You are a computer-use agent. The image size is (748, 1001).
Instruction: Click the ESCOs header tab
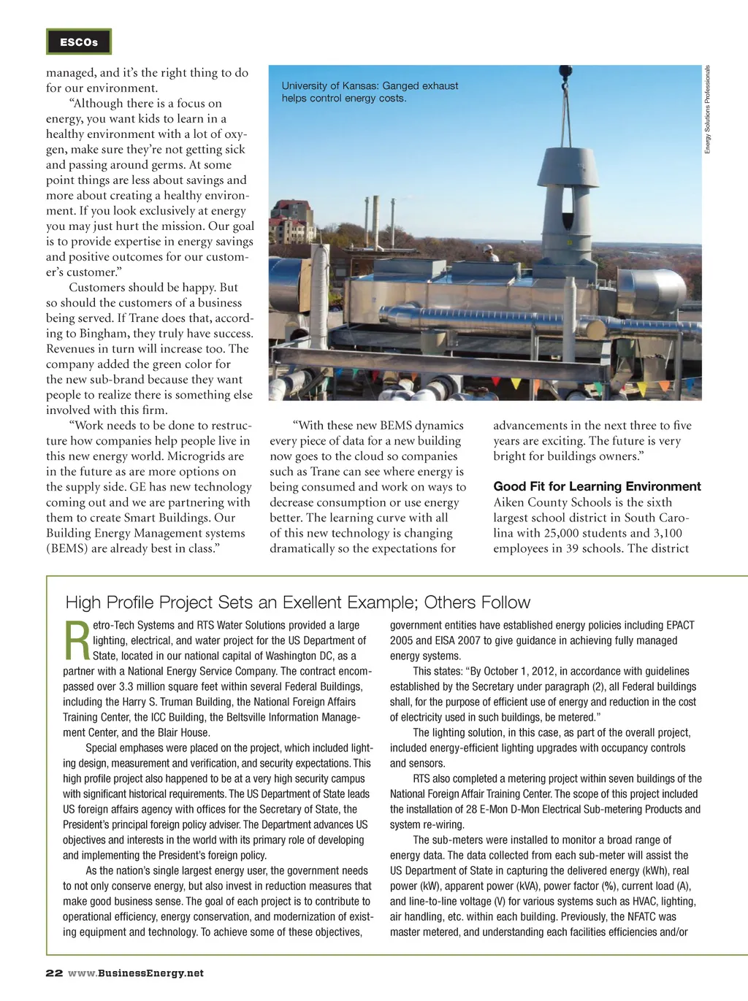coord(79,42)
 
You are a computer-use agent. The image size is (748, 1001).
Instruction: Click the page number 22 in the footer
coord(54,973)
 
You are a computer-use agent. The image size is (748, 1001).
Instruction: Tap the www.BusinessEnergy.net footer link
coord(136,973)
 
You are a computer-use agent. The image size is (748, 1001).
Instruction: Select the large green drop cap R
coord(77,640)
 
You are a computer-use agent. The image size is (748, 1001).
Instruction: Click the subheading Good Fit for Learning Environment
coord(597,486)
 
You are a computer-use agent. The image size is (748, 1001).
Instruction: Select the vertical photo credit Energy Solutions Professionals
coord(707,110)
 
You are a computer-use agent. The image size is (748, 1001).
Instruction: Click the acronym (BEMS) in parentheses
coord(67,548)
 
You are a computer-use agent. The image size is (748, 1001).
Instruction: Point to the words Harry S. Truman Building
coord(186,702)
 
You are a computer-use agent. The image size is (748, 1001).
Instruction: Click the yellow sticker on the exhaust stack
coord(581,166)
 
